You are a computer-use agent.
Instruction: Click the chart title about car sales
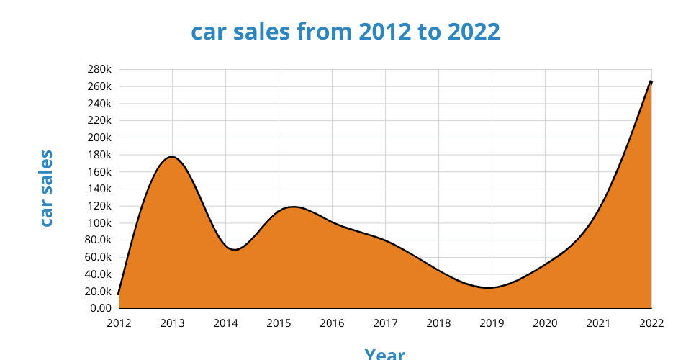pyautogui.click(x=345, y=32)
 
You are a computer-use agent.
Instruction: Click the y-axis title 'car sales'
pyautogui.click(x=46, y=188)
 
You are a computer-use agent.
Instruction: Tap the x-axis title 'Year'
pyautogui.click(x=384, y=354)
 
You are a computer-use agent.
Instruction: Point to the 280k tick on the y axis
pyautogui.click(x=99, y=69)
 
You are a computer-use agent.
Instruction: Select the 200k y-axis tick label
pyautogui.click(x=99, y=138)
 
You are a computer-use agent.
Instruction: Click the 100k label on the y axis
pyautogui.click(x=99, y=223)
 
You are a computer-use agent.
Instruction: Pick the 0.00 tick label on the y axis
pyautogui.click(x=100, y=308)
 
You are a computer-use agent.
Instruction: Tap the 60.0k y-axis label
pyautogui.click(x=98, y=257)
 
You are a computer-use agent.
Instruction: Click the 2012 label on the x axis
pyautogui.click(x=119, y=323)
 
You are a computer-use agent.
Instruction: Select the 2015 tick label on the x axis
pyautogui.click(x=279, y=323)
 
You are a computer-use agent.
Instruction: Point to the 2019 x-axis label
pyautogui.click(x=492, y=323)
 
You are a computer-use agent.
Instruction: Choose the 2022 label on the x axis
pyautogui.click(x=651, y=323)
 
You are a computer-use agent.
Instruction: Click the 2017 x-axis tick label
pyautogui.click(x=385, y=323)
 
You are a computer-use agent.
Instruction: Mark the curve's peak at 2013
pyautogui.click(x=172, y=156)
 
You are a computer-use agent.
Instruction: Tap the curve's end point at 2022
pyautogui.click(x=651, y=81)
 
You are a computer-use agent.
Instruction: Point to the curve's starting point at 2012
pyautogui.click(x=119, y=294)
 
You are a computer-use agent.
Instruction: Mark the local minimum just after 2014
pyautogui.click(x=235, y=249)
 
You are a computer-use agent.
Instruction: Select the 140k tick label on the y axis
pyautogui.click(x=99, y=189)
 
